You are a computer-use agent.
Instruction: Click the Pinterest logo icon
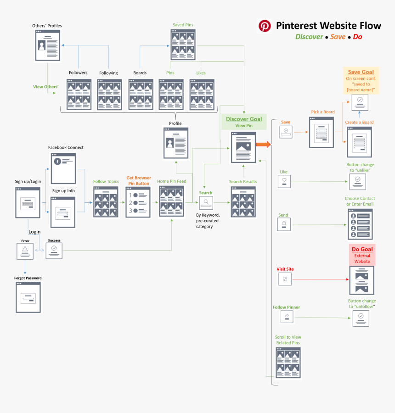(265, 26)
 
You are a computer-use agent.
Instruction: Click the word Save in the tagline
(338, 37)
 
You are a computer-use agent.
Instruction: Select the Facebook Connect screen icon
(63, 168)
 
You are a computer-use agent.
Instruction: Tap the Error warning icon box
(25, 251)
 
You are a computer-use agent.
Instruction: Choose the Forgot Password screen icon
(28, 297)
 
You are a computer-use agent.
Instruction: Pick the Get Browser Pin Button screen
(138, 202)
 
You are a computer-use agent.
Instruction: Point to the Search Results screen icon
(243, 202)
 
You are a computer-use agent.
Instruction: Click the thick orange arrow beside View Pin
(264, 145)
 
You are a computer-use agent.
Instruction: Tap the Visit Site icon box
(285, 279)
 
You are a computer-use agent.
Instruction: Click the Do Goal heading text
(362, 249)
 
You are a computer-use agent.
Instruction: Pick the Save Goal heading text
(361, 72)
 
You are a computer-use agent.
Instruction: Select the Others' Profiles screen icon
(48, 46)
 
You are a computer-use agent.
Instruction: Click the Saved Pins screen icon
(183, 45)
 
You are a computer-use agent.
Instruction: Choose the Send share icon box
(284, 224)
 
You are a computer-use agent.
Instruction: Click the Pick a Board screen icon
(322, 132)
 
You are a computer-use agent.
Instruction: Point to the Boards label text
(140, 73)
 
